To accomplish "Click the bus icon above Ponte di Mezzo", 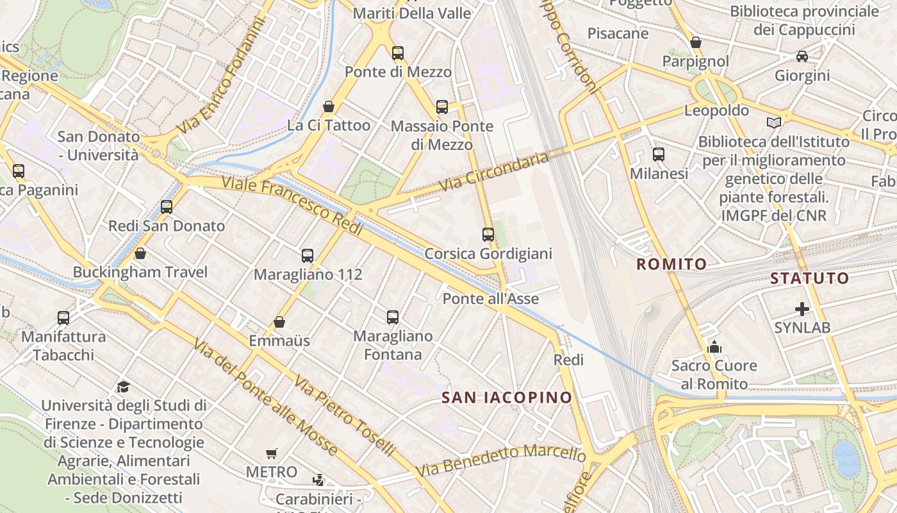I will click(x=398, y=53).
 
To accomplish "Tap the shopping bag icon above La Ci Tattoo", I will click(x=329, y=106).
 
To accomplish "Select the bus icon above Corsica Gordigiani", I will click(x=488, y=235).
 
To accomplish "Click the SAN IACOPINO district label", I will click(x=506, y=398).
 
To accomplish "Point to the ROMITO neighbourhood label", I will click(x=671, y=264).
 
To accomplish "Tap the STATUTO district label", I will click(x=809, y=278).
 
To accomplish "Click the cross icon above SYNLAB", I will click(x=802, y=310).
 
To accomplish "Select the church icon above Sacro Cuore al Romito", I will click(x=714, y=348).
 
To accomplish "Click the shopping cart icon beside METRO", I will click(x=272, y=453).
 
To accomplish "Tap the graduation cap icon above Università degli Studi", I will click(x=124, y=387).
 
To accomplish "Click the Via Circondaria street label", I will click(x=494, y=171).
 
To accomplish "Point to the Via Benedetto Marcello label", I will click(x=500, y=460).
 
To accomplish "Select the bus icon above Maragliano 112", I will click(x=308, y=256).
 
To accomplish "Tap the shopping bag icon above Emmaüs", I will click(x=279, y=322).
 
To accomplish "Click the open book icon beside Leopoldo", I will click(x=774, y=122).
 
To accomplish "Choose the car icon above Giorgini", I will click(x=802, y=56).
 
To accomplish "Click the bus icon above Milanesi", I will click(x=659, y=155).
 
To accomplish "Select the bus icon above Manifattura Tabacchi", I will click(x=63, y=317).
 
